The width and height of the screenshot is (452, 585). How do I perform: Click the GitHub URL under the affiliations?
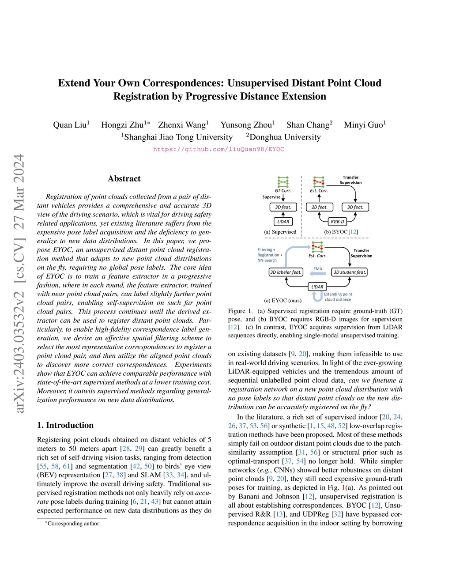[x=218, y=149]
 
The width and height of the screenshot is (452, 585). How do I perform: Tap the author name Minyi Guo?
[x=364, y=125]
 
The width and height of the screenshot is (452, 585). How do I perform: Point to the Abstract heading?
[x=124, y=179]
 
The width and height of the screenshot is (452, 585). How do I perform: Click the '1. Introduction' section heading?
[x=65, y=425]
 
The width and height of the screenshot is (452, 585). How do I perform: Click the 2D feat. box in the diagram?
[x=319, y=207]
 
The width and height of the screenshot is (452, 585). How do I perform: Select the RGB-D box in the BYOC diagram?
[x=337, y=222]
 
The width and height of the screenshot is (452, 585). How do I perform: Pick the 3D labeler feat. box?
[x=286, y=272]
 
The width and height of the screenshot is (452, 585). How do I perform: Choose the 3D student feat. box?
[x=350, y=272]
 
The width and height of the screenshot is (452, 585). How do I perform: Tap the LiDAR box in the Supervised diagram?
[x=283, y=222]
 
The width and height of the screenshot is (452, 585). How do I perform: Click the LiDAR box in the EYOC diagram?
[x=317, y=287]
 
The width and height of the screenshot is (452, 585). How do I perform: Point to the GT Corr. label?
[x=283, y=191]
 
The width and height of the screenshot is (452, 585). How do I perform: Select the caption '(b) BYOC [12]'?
[x=341, y=232]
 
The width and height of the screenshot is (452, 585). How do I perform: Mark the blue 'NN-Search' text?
[x=267, y=260]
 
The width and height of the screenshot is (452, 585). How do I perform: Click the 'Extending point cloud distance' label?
[x=338, y=297]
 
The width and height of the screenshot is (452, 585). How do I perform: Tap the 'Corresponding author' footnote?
[x=73, y=524]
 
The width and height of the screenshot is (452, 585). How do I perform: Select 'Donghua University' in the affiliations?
[x=285, y=137]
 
